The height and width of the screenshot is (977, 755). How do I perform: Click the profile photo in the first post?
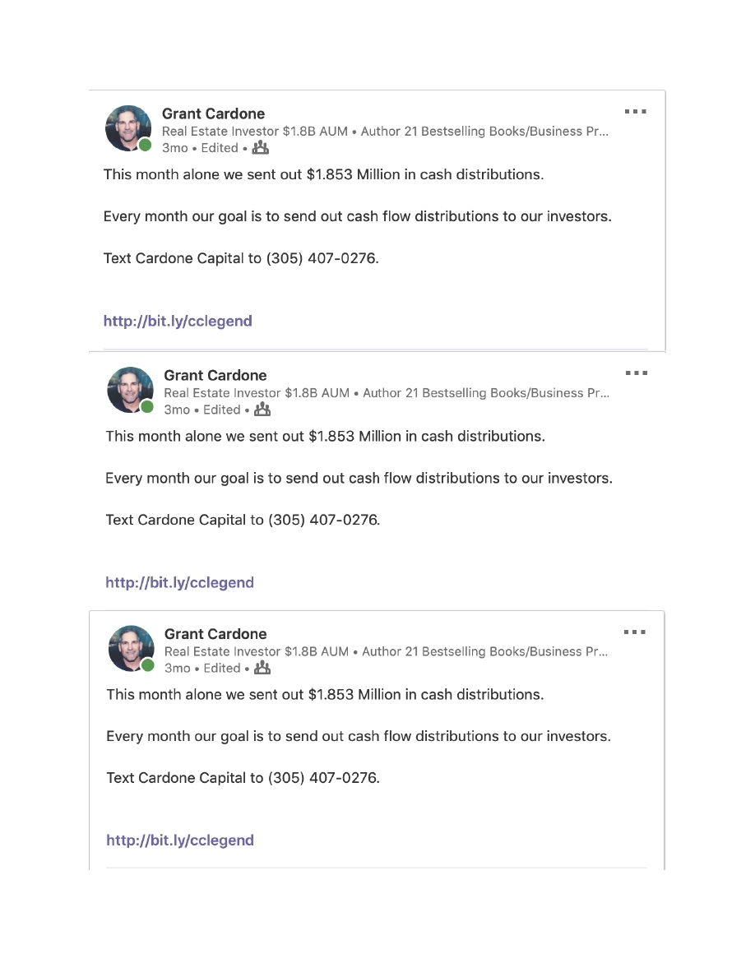127,127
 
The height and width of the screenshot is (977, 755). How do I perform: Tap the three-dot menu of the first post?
635,111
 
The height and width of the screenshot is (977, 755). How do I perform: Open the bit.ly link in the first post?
178,321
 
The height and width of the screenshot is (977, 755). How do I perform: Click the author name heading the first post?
213,113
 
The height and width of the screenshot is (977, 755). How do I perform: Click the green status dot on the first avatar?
146,146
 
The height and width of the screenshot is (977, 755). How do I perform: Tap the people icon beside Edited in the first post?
260,148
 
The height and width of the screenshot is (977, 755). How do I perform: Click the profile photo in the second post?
130,389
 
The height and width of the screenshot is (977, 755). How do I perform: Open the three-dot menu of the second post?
636,373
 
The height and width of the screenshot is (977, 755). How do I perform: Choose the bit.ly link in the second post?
179,582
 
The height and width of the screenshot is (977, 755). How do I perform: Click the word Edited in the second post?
222,410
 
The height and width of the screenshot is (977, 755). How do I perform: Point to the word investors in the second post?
580,478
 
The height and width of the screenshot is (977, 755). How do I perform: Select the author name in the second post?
215,375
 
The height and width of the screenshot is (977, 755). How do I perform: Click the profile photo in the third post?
131,647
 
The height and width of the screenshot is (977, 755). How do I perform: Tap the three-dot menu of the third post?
634,632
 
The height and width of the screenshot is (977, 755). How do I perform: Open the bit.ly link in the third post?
180,840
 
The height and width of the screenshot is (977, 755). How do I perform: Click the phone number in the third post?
324,777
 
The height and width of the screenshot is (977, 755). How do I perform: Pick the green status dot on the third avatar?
148,664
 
